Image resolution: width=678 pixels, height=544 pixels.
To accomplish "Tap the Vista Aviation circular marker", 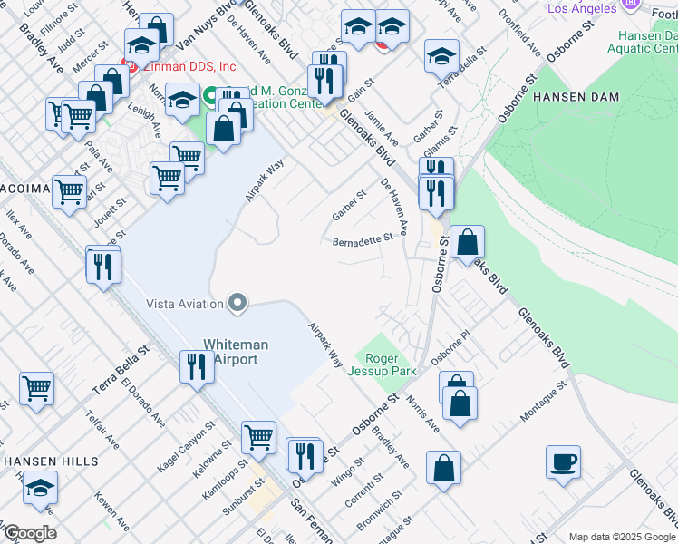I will click(x=237, y=303).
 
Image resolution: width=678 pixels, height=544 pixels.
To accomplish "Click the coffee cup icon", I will click(x=563, y=461).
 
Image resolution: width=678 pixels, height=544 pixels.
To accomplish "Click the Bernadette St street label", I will click(x=363, y=241).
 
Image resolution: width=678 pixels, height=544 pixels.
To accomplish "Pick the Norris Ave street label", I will click(x=422, y=413).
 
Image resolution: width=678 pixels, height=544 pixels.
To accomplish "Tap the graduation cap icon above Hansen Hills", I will click(x=40, y=488).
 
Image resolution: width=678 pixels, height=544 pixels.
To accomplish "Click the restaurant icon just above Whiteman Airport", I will click(x=196, y=367).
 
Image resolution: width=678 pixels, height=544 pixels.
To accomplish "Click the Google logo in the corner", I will click(x=29, y=533).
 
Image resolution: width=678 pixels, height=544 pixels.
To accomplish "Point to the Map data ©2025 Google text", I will click(x=622, y=537).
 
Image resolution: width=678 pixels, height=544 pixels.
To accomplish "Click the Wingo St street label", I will click(x=347, y=472).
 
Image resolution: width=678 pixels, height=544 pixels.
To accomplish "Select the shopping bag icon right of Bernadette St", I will click(x=468, y=242).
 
